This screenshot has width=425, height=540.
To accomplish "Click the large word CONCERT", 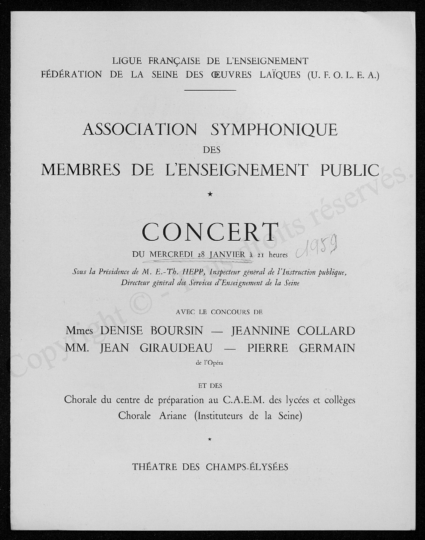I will (210, 232).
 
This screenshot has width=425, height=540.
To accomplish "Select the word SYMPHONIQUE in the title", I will (274, 130).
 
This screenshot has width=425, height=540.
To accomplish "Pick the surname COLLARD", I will (326, 331).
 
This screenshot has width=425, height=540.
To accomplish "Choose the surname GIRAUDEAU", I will (176, 348).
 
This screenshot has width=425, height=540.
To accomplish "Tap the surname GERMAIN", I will (327, 348).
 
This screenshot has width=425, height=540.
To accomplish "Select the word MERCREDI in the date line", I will (171, 254).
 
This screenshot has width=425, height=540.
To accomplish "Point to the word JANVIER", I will (227, 254).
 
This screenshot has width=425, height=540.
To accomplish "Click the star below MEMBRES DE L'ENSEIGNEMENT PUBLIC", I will (210, 195).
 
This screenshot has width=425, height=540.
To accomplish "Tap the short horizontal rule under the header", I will (210, 89).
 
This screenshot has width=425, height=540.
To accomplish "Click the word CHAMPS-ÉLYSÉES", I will (247, 467).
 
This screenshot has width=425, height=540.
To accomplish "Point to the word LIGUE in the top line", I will (127, 61).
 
